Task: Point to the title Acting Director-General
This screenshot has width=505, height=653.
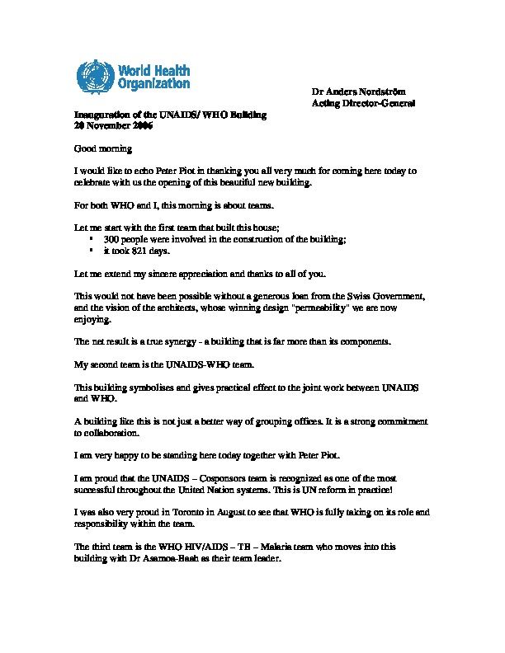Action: pos(362,104)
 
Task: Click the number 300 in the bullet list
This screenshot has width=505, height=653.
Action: pos(112,238)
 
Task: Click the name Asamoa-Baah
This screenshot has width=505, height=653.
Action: pos(191,557)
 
